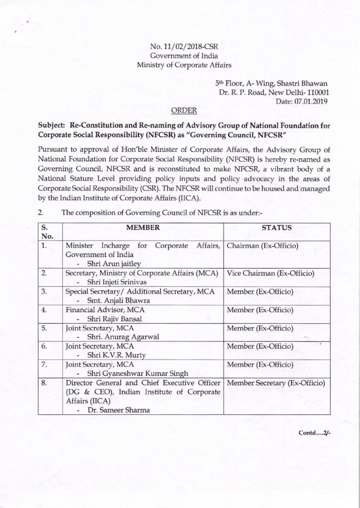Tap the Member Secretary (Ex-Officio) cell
276,383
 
